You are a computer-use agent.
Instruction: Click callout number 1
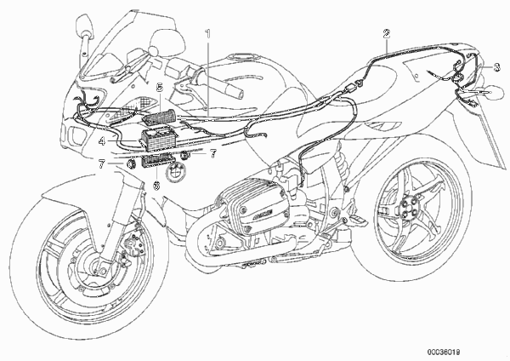coord(207,33)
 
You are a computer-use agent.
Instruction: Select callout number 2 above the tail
coord(387,33)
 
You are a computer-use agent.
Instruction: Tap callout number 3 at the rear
coord(496,67)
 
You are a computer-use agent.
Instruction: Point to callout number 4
coord(102,141)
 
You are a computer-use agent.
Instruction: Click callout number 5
coord(160,88)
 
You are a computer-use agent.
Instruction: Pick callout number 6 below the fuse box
coord(156,186)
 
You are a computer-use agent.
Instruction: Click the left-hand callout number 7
coord(102,164)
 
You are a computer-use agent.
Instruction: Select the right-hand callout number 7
coord(213,153)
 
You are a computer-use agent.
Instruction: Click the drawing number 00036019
coord(444,352)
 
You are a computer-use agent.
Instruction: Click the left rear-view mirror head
coord(84,25)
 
